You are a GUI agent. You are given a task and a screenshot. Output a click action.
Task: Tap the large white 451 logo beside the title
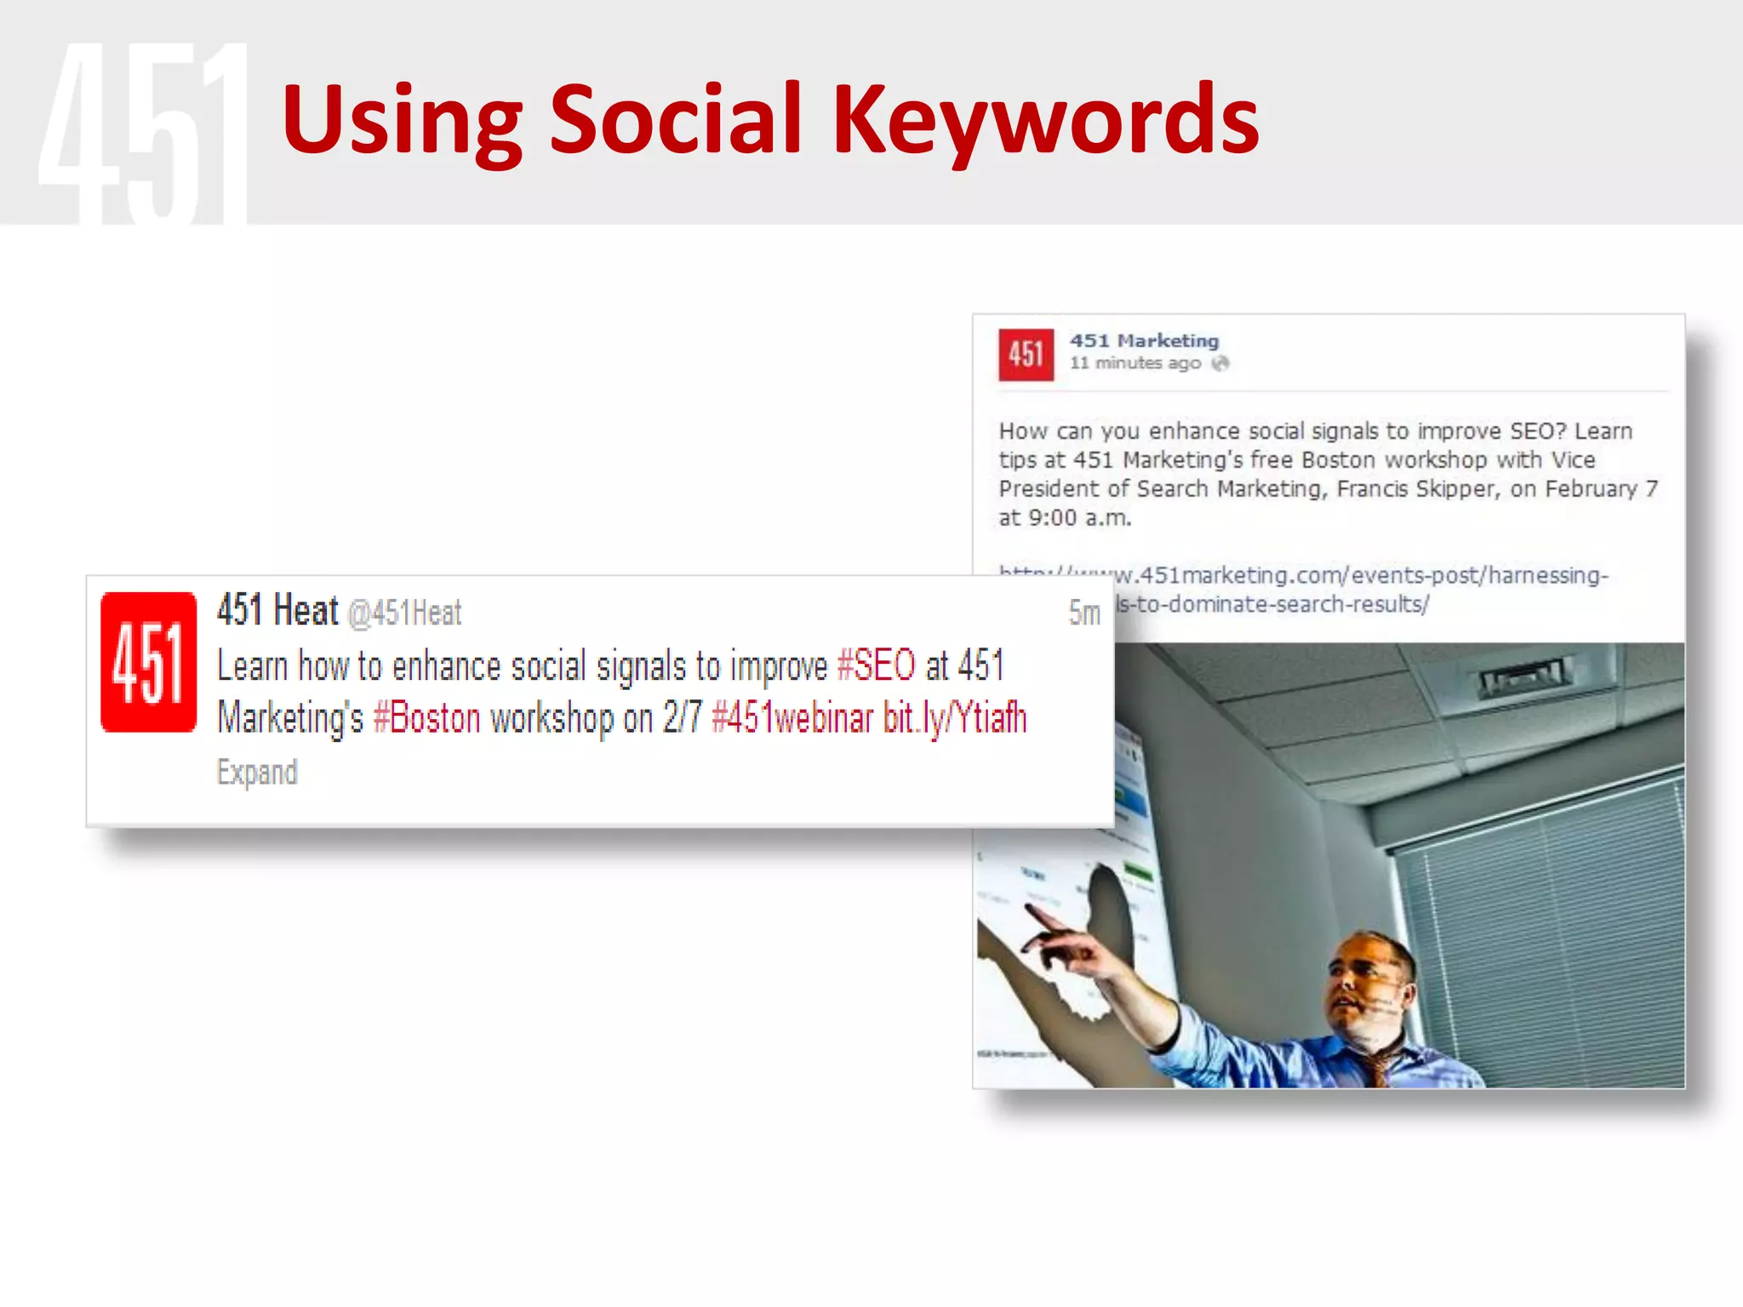143,132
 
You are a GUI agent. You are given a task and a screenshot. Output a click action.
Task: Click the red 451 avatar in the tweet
148,662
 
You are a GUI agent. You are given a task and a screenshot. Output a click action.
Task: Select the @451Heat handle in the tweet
405,613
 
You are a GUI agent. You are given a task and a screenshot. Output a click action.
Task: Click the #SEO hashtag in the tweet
876,665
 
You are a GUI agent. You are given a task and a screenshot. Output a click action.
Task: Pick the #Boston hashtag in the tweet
426,718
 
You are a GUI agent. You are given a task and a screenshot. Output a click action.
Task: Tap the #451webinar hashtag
791,718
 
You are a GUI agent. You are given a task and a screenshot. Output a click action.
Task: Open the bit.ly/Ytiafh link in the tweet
955,718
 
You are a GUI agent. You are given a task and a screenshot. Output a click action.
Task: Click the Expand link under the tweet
257,772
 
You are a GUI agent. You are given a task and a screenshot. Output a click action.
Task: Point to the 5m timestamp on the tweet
1084,613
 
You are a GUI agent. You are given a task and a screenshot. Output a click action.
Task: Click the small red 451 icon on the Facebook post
1026,354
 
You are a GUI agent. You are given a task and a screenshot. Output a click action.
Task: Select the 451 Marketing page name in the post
1144,340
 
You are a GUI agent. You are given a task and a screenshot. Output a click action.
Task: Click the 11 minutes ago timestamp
1134,363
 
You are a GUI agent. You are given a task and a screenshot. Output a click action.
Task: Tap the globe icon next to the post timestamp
1220,363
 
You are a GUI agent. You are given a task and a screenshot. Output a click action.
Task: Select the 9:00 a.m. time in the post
1078,517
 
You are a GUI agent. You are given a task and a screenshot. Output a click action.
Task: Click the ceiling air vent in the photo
1521,676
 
